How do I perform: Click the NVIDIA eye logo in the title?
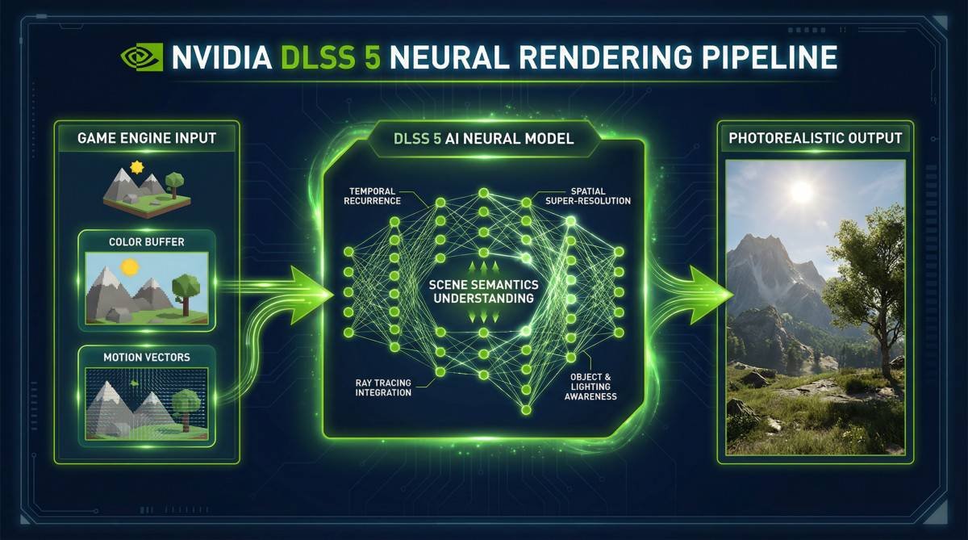[x=142, y=57]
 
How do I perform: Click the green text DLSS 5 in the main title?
[x=331, y=57]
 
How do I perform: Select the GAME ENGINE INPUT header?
[x=147, y=138]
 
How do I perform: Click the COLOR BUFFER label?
[x=147, y=241]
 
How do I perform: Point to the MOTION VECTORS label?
[x=147, y=357]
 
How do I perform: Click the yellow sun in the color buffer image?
[x=130, y=267]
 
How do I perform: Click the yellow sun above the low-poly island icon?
[x=137, y=167]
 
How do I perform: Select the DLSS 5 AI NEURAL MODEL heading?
[x=483, y=138]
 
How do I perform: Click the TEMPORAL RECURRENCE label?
[x=372, y=196]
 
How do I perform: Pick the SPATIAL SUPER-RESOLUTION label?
[x=588, y=196]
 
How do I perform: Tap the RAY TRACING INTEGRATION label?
[x=383, y=387]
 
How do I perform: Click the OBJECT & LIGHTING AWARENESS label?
[x=590, y=387]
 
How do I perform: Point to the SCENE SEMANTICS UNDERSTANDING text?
[x=483, y=291]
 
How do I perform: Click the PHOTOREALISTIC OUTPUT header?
[x=815, y=138]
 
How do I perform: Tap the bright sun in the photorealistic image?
[x=802, y=191]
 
